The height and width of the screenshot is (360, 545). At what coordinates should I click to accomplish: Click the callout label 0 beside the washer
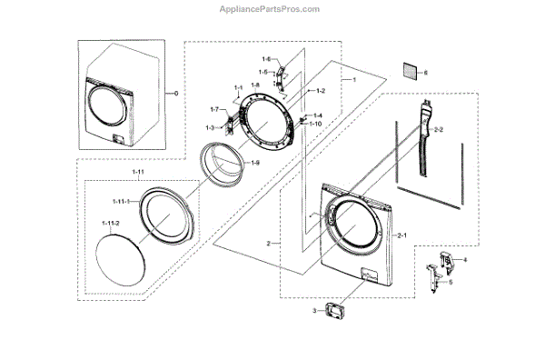(x=176, y=93)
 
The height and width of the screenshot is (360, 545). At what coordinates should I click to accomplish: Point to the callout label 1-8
(x=255, y=85)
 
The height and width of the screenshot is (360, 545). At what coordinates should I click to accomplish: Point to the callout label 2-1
(x=401, y=235)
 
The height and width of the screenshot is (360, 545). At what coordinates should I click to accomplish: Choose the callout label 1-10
(x=315, y=123)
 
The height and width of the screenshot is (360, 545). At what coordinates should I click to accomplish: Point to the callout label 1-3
(x=210, y=127)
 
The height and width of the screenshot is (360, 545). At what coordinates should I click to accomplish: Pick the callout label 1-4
(x=317, y=115)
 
